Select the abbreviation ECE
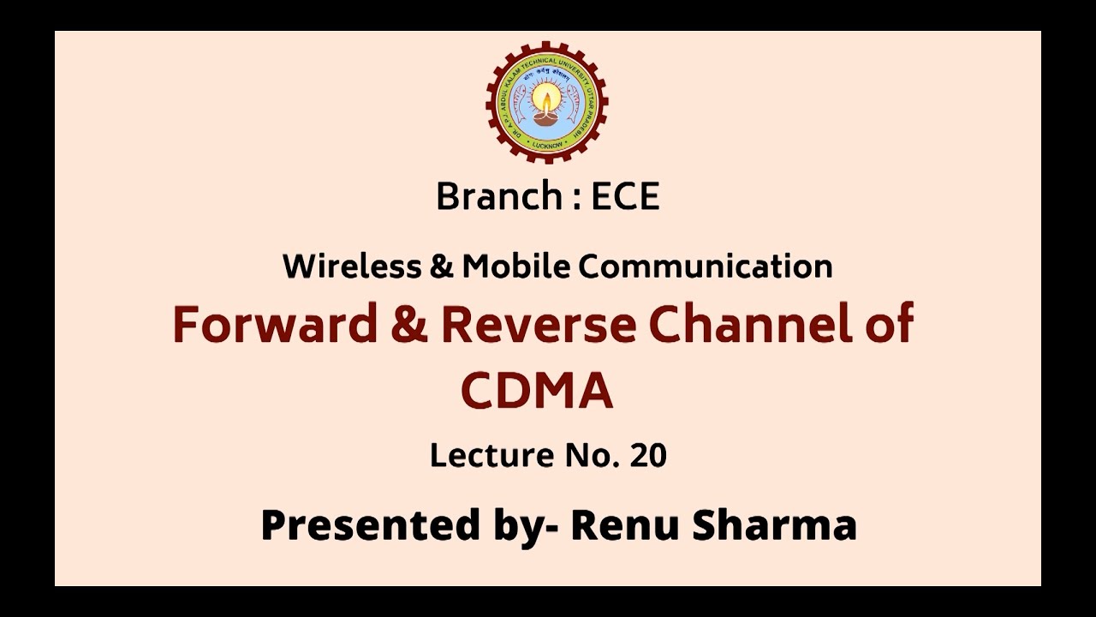point(625,197)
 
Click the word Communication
point(706,267)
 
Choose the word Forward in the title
point(275,325)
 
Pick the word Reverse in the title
point(539,325)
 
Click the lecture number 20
point(647,455)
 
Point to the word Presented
point(370,524)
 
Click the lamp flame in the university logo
point(546,96)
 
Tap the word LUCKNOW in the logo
point(546,146)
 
